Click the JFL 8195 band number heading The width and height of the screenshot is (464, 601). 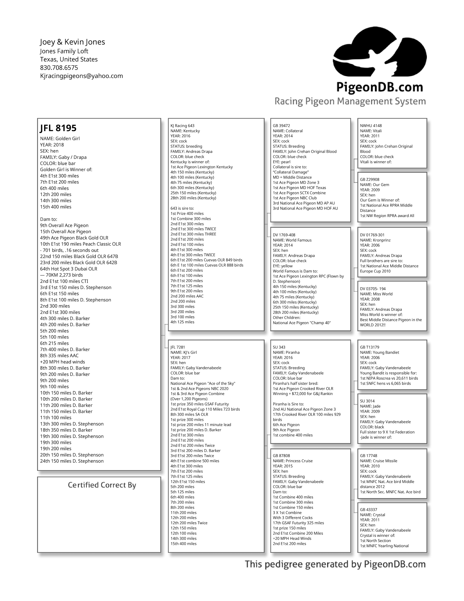tap(58, 128)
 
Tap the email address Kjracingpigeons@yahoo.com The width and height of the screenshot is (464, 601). tap(81, 76)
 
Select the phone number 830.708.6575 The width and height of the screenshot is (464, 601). tap(59, 68)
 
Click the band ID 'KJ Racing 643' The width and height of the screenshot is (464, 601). tap(182, 126)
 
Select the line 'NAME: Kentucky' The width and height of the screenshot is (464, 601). tap(185, 131)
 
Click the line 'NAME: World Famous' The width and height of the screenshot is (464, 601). tap(292, 240)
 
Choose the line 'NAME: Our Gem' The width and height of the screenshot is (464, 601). tap(375, 185)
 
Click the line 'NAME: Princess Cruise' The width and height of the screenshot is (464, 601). tap(293, 461)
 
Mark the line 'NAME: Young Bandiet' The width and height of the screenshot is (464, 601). tap(380, 353)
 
